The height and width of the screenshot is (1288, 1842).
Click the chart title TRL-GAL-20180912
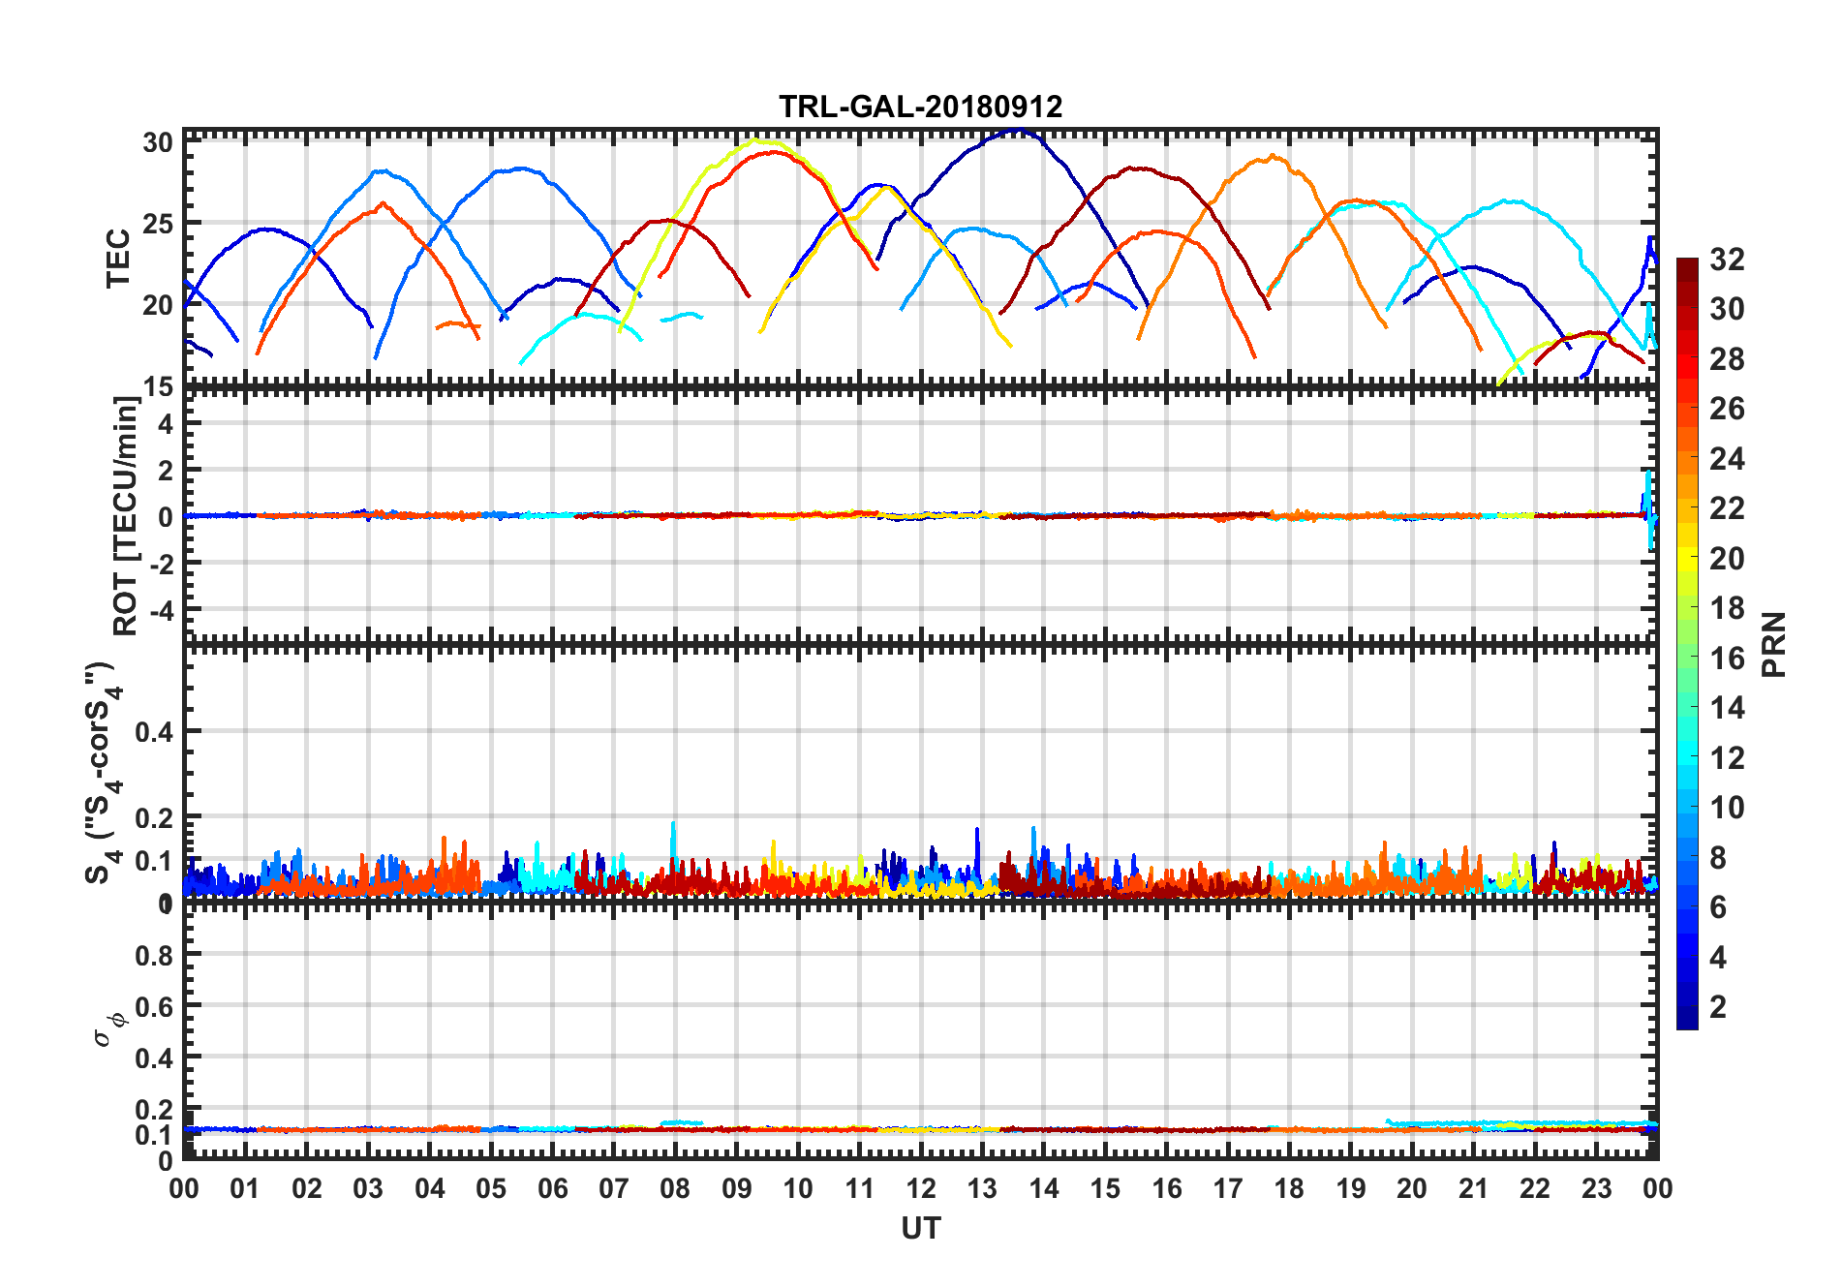(x=920, y=107)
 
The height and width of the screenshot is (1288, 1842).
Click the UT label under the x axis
(x=920, y=1228)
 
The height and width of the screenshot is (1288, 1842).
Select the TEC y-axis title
(x=118, y=258)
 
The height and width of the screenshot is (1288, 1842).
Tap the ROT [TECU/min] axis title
(x=126, y=515)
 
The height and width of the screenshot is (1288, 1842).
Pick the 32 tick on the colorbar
(x=1727, y=260)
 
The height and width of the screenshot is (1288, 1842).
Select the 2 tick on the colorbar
(x=1718, y=1006)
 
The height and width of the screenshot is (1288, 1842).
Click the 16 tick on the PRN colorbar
(x=1727, y=659)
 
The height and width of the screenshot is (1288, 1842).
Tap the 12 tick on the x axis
(x=920, y=1188)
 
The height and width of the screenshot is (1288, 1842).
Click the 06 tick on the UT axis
(x=552, y=1188)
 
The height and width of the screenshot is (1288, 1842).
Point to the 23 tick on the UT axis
(x=1596, y=1188)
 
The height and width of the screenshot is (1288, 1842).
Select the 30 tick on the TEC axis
(x=158, y=142)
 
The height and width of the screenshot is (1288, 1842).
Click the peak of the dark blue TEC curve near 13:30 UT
(x=1015, y=130)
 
